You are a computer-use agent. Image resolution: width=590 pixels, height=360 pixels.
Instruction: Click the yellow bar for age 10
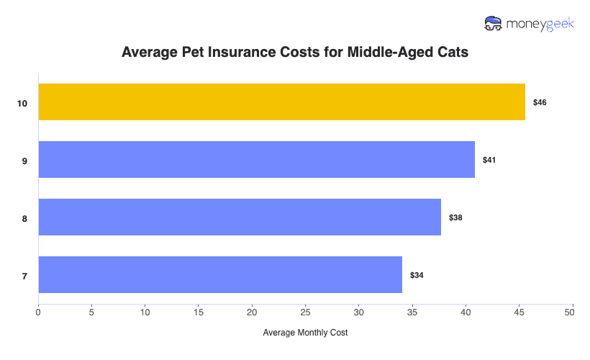(281, 102)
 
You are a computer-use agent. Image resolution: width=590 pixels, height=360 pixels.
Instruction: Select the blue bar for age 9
(256, 159)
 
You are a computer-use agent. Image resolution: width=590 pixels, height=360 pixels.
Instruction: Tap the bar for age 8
(240, 217)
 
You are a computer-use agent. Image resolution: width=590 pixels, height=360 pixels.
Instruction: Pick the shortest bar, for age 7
(220, 274)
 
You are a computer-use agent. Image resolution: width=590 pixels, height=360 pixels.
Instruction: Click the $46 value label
(540, 103)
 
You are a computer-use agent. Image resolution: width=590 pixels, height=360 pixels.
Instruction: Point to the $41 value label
(489, 160)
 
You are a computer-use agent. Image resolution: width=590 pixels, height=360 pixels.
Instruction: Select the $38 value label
(455, 217)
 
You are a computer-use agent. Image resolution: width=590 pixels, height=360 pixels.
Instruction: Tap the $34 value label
(417, 275)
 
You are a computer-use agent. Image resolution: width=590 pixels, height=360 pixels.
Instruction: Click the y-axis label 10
(22, 104)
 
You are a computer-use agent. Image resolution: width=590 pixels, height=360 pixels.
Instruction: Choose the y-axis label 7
(24, 276)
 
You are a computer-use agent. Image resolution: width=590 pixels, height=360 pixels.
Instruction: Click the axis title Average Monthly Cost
(305, 333)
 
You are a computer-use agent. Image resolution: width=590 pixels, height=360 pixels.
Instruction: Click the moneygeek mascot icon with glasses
(494, 24)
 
